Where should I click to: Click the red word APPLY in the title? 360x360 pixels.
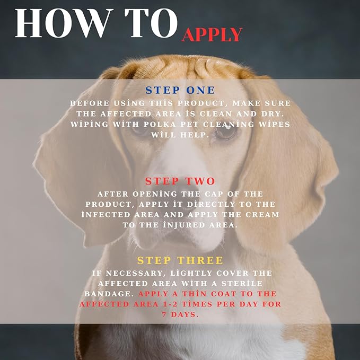click(212, 35)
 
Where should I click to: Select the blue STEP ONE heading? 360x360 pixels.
click(180, 90)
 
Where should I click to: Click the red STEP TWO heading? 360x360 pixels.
click(180, 181)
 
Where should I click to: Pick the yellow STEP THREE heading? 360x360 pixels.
click(180, 260)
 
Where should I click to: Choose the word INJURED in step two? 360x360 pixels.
click(183, 225)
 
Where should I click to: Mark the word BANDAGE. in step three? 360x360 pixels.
click(109, 294)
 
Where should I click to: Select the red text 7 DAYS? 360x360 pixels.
click(180, 314)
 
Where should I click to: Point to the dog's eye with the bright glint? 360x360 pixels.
click(226, 132)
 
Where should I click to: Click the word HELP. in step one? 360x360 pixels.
click(195, 135)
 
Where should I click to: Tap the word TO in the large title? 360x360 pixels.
click(151, 23)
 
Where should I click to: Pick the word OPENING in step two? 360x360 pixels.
click(154, 194)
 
